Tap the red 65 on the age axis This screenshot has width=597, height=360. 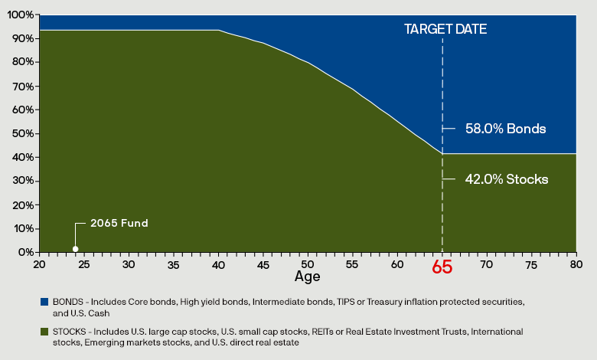pos(442,267)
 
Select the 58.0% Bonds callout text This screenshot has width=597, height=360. pos(505,129)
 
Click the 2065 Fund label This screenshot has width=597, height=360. pos(119,223)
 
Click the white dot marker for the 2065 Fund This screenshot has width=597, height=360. pos(75,248)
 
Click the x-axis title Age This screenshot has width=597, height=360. pos(307,276)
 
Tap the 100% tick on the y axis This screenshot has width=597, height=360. pos(21,15)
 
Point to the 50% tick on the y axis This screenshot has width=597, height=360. pos(23,133)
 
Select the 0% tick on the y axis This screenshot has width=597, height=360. pos(25,252)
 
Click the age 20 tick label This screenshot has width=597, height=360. pos(39,263)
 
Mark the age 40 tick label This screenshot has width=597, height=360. pos(218,263)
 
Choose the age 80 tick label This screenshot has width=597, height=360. pos(576,263)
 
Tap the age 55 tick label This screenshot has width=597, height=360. pos(353,263)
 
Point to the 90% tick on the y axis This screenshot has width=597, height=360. pos(23,38)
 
